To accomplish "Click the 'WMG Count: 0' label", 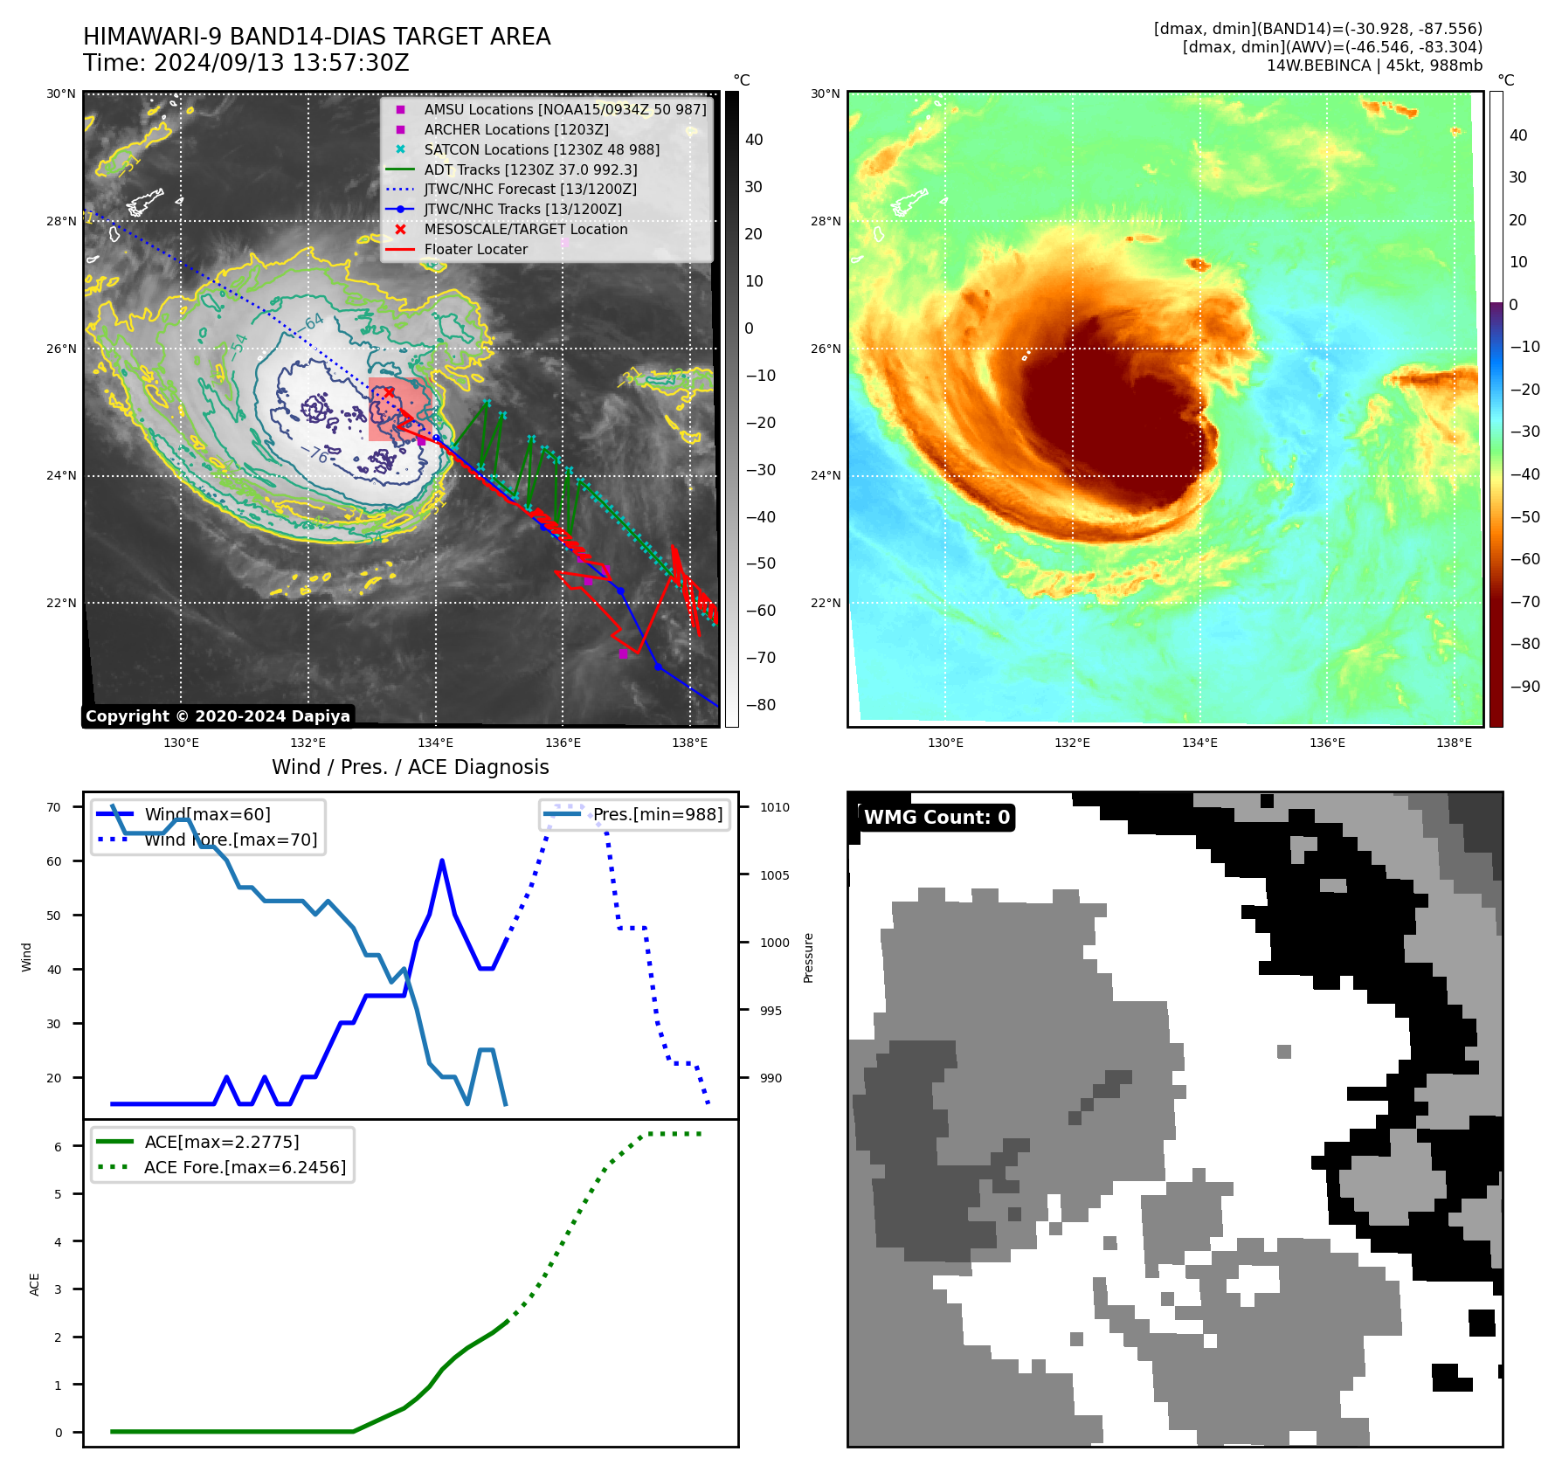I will [x=937, y=818].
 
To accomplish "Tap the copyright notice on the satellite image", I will [x=218, y=716].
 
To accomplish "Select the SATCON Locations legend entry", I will [x=542, y=149].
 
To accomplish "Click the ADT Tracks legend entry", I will [x=530, y=169].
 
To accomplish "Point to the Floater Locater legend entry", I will [x=475, y=249].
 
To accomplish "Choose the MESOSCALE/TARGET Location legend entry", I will [x=525, y=229].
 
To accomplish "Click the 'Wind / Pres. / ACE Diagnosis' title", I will [x=411, y=767].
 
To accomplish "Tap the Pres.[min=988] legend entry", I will [x=657, y=814].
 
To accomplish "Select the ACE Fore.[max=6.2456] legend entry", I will [x=245, y=1167].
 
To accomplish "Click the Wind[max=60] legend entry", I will [x=207, y=814].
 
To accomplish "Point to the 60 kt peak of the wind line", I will [x=442, y=861].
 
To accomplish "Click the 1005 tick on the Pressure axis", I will [x=774, y=875].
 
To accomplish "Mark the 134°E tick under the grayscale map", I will [x=435, y=743].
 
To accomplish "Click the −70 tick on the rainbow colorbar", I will [x=1526, y=602].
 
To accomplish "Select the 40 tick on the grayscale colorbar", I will [x=754, y=140].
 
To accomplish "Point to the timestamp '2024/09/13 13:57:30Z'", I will [x=280, y=63].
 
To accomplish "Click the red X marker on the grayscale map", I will [x=389, y=392].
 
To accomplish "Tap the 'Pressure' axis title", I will [x=808, y=958].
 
